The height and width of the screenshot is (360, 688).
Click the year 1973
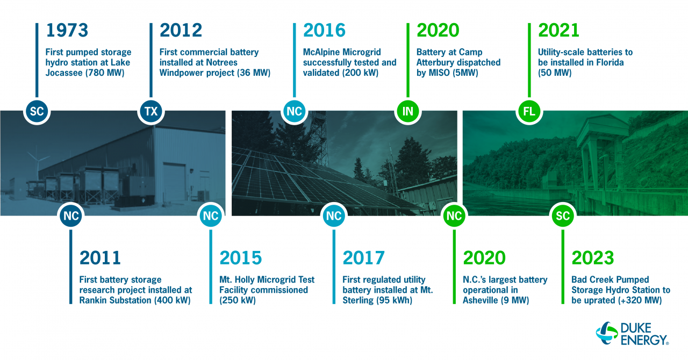coord(67,30)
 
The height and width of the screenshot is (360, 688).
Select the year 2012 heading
coord(181,30)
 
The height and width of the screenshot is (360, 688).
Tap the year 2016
coord(324,30)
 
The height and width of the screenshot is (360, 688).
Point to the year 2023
coord(592,258)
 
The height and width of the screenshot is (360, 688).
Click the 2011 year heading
coord(100,258)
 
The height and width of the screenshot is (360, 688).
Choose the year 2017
coord(363,258)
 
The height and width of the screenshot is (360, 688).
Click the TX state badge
coord(151,111)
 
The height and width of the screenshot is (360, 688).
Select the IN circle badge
coord(407,111)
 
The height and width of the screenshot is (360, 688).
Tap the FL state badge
coord(529,111)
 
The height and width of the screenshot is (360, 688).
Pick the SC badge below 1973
coord(37,111)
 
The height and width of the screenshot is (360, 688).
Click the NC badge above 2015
coord(211,215)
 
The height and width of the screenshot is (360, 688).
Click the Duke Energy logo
coord(632,334)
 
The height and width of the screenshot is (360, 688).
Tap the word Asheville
coord(481,300)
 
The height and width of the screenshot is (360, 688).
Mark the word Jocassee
coord(64,73)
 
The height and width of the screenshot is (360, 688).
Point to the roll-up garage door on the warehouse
coord(174,182)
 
